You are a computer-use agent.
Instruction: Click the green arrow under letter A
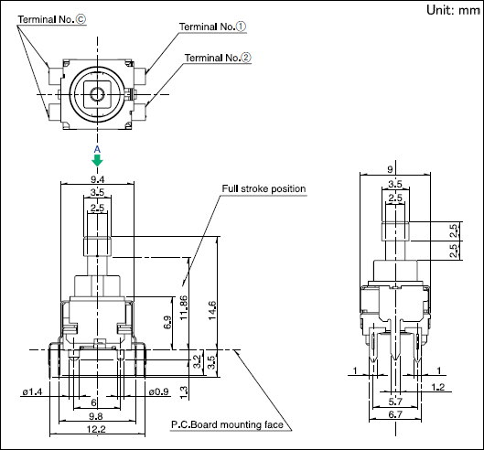97,160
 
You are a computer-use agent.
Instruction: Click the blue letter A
97,150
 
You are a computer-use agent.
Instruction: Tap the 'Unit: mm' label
453,10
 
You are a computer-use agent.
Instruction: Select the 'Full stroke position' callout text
264,188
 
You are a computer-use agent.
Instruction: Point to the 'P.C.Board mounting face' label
228,424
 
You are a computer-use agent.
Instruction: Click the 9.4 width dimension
98,179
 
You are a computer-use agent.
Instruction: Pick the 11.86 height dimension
184,307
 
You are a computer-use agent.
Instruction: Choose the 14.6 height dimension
212,310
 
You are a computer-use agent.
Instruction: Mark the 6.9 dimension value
167,322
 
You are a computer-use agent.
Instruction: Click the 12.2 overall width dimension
96,429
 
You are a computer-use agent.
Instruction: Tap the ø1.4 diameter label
32,391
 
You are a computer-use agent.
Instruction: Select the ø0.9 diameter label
158,391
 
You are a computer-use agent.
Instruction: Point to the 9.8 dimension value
96,416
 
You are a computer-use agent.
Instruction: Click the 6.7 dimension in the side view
395,414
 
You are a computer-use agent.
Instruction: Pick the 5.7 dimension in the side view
395,402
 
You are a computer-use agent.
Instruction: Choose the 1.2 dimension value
437,387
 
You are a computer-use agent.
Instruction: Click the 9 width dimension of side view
390,169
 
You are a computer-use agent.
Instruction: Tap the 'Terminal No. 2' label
218,58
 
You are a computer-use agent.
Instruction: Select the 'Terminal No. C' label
52,19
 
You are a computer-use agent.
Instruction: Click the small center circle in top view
97,93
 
